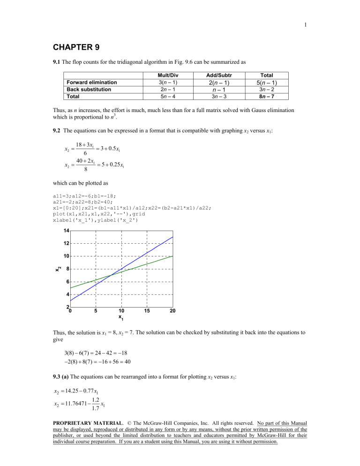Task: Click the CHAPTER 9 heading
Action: click(81, 47)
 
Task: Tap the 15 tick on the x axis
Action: click(148, 311)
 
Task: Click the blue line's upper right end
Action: click(173, 237)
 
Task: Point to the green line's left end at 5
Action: click(71, 288)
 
